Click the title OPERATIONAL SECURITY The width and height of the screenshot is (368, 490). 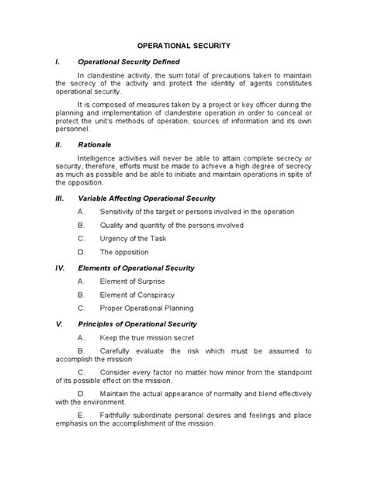pyautogui.click(x=183, y=46)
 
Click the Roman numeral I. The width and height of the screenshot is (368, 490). pyautogui.click(x=55, y=61)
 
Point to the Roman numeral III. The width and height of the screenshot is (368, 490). pyautogui.click(x=57, y=198)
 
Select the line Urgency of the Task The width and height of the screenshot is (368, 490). pyautogui.click(x=132, y=239)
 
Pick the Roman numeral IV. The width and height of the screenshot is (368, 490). pyautogui.click(x=58, y=267)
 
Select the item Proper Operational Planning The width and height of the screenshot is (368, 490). pyautogui.click(x=147, y=309)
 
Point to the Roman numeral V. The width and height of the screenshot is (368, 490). pyautogui.click(x=57, y=323)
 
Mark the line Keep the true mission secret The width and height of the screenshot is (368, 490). pyautogui.click(x=149, y=338)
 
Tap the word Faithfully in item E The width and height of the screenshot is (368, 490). pyautogui.click(x=119, y=415)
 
